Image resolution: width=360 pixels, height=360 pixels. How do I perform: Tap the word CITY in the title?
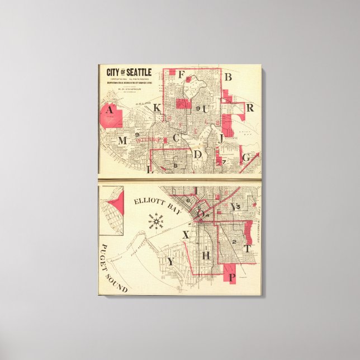pyautogui.click(x=114, y=72)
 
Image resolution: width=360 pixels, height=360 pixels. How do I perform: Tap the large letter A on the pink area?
pyautogui.click(x=110, y=110)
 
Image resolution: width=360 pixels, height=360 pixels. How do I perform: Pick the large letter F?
pyautogui.click(x=181, y=74)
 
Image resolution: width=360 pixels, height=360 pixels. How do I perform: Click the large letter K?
pyautogui.click(x=158, y=108)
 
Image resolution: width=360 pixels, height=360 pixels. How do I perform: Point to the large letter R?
pyautogui.click(x=250, y=107)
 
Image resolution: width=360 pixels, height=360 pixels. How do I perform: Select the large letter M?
pyautogui.click(x=122, y=140)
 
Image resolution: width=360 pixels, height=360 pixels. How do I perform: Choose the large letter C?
pyautogui.click(x=176, y=137)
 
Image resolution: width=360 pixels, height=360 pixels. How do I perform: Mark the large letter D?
pyautogui.click(x=198, y=154)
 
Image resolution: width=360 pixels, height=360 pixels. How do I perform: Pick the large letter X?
pyautogui.click(x=186, y=235)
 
